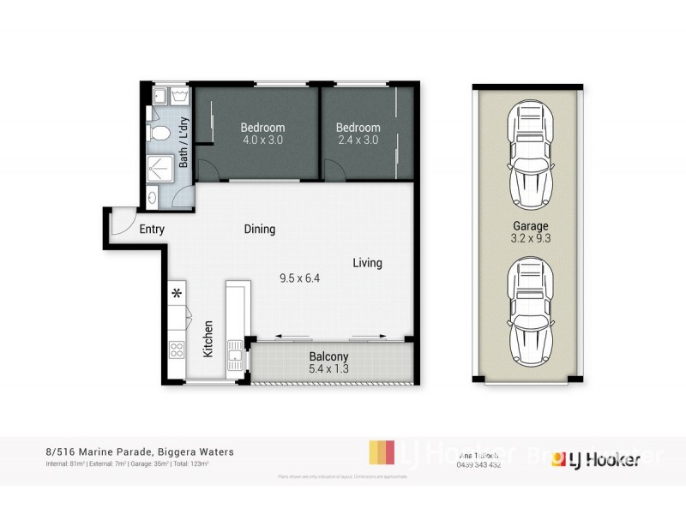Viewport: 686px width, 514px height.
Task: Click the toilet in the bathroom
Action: pyautogui.click(x=158, y=134)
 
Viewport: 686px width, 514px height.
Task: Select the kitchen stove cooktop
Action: pyautogui.click(x=177, y=349)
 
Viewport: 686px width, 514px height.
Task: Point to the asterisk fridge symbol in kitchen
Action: pyautogui.click(x=178, y=294)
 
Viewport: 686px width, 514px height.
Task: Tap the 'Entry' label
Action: pyautogui.click(x=152, y=230)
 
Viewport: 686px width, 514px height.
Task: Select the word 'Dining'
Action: pyautogui.click(x=260, y=229)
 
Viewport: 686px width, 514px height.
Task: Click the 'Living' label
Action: pyautogui.click(x=367, y=263)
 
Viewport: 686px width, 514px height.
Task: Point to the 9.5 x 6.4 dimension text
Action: pyautogui.click(x=299, y=278)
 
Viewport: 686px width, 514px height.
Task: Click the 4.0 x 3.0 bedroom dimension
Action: pyautogui.click(x=262, y=140)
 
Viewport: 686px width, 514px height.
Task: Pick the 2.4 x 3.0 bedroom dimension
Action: pyautogui.click(x=358, y=140)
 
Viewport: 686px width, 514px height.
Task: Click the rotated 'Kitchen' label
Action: pyautogui.click(x=208, y=339)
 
